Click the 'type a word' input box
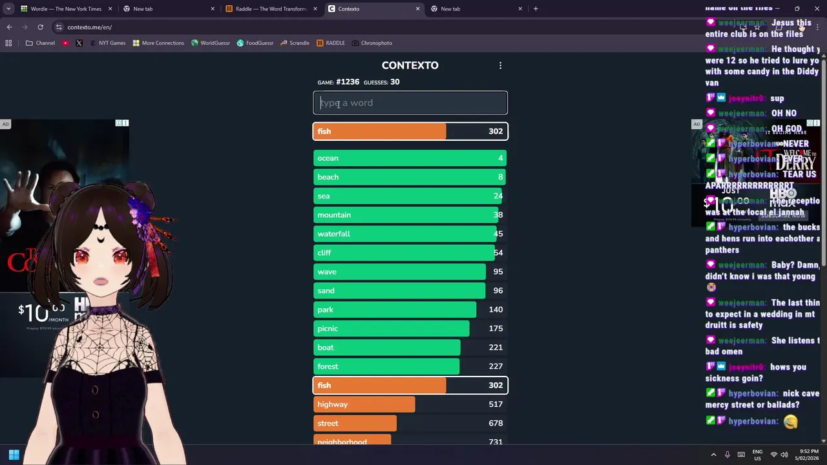410,103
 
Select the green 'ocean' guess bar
410,158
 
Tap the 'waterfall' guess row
410,234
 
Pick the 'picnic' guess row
410,329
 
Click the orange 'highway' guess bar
364,404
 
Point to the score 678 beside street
496,423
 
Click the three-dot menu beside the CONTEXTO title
500,65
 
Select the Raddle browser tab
270,9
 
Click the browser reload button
40,27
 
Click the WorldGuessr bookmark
211,43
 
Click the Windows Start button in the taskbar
14,455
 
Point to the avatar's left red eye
82,258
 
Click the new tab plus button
536,9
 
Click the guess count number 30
395,82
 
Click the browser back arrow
9,27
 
